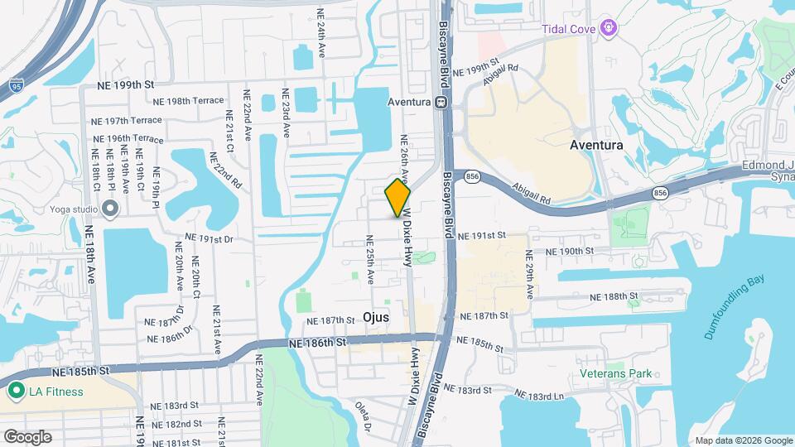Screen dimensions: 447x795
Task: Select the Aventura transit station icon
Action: [x=441, y=103]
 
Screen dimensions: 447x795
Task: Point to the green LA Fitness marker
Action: [x=15, y=391]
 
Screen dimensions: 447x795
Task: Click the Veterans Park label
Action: [x=616, y=373]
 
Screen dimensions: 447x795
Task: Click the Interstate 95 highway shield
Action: [x=17, y=84]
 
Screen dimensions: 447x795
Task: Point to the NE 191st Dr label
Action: [x=201, y=239]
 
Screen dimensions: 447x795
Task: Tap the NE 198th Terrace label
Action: [x=195, y=101]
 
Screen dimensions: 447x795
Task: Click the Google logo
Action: [x=27, y=436]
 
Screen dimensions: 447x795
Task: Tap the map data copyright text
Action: [x=742, y=440]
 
